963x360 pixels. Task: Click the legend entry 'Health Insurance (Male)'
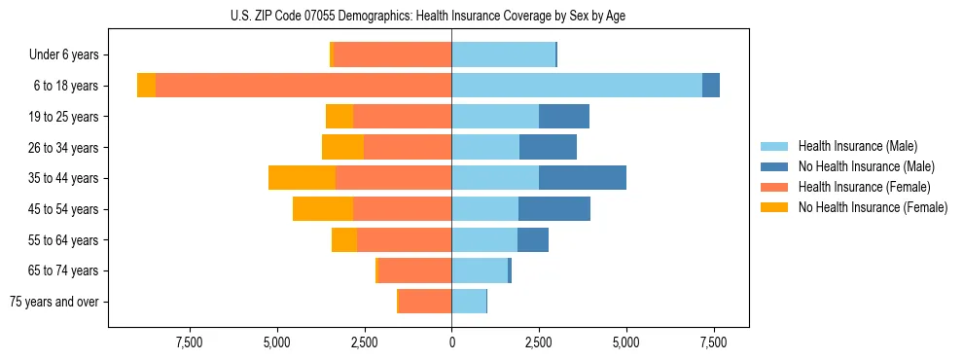(x=857, y=146)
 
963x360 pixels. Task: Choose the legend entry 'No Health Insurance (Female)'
(x=873, y=207)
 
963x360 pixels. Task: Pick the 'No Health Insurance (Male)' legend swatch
(x=774, y=166)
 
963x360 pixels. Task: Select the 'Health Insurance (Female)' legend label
(x=864, y=187)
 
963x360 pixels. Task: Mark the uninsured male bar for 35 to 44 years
(x=583, y=178)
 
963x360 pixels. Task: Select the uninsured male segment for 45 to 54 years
(x=554, y=209)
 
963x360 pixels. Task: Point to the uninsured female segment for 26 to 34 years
(x=342, y=147)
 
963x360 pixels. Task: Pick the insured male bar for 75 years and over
(x=469, y=302)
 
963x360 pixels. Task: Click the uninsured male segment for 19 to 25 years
(x=564, y=117)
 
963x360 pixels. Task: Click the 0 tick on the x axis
(x=451, y=342)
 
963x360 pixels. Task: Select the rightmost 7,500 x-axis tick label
(x=714, y=342)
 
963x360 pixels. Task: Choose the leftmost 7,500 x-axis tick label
(x=189, y=342)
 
